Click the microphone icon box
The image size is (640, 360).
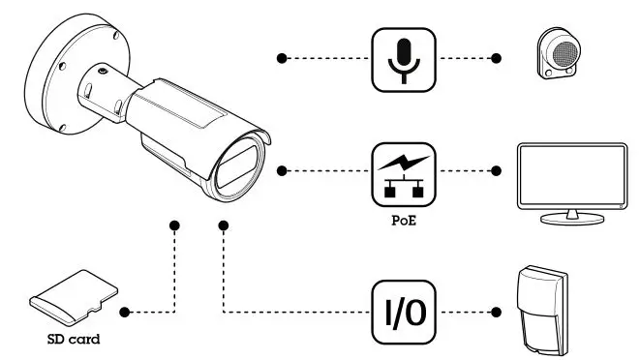click(x=404, y=59)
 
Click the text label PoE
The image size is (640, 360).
click(x=404, y=220)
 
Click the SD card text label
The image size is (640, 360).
click(x=74, y=342)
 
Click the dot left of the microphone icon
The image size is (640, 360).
click(x=282, y=59)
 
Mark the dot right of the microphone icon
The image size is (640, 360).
click(x=499, y=59)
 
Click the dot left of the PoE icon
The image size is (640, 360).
click(x=282, y=171)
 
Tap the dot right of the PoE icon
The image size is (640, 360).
click(x=499, y=171)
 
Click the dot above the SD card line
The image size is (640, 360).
click(x=175, y=226)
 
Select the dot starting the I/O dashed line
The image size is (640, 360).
click(x=224, y=226)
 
